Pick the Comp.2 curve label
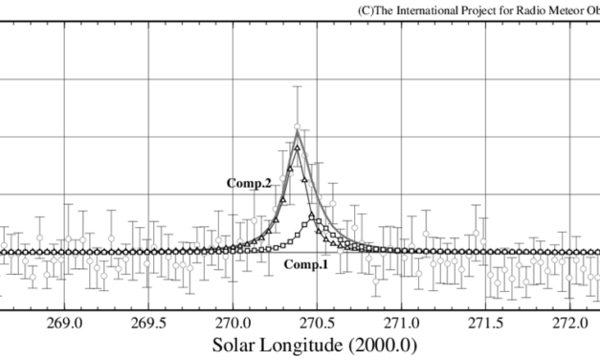pyautogui.click(x=248, y=182)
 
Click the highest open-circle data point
pyautogui.click(x=298, y=127)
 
